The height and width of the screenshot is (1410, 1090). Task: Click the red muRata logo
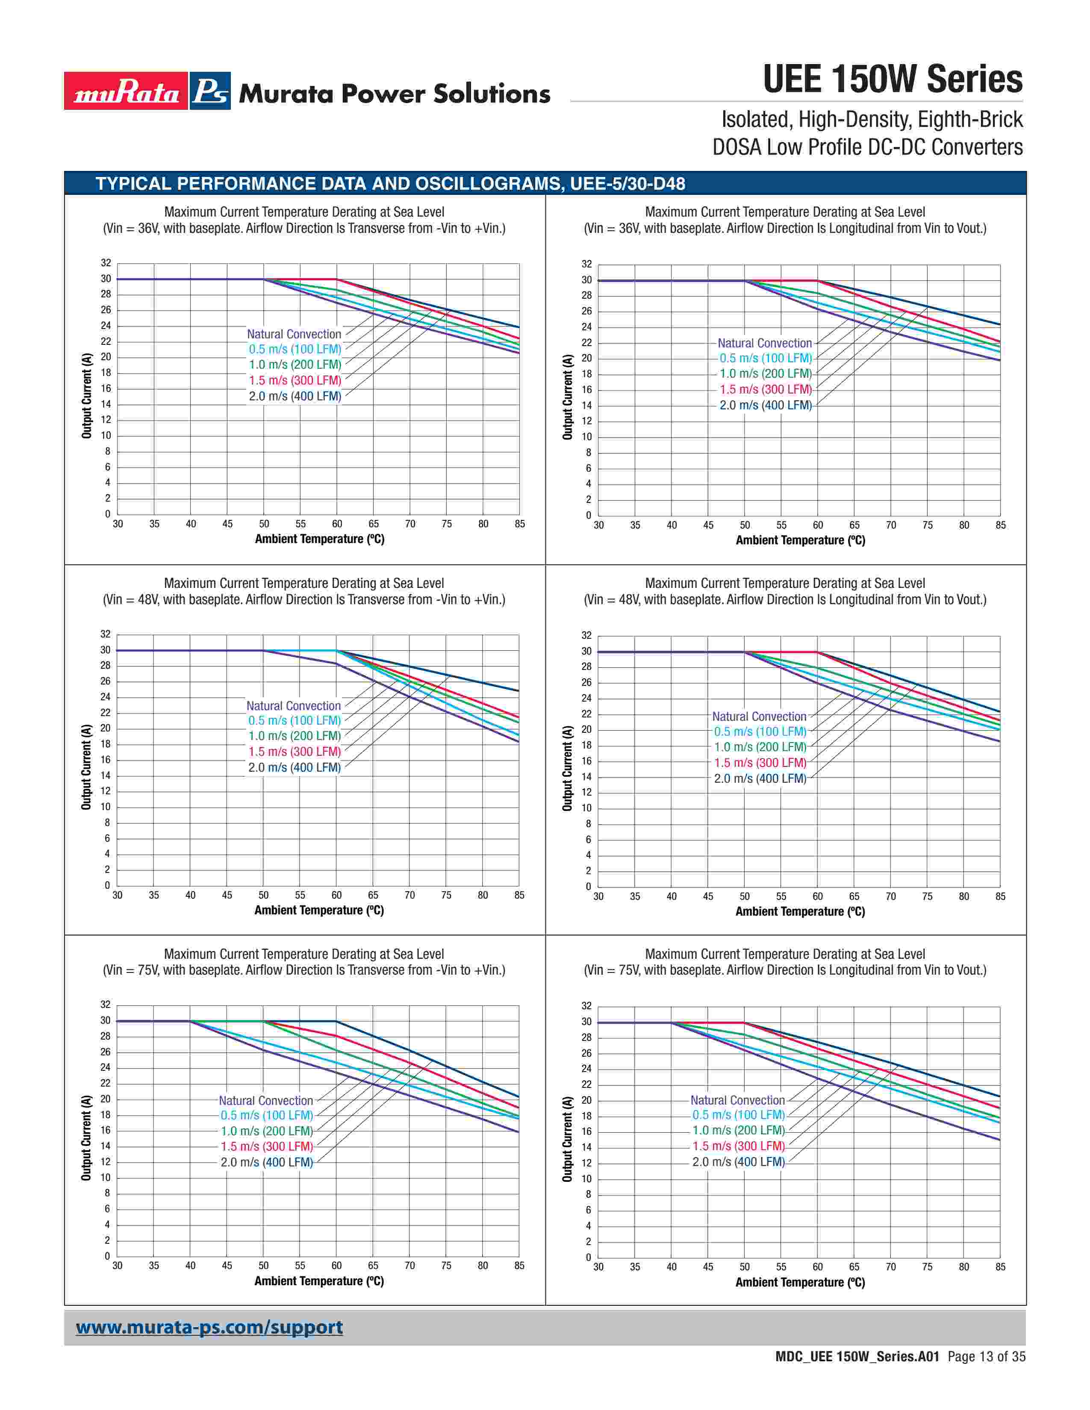pos(126,91)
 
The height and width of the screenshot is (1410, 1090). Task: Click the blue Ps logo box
pos(210,91)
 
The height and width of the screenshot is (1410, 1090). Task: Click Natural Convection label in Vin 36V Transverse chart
pos(294,334)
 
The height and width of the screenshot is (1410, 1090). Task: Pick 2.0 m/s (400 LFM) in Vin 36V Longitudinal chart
pos(765,405)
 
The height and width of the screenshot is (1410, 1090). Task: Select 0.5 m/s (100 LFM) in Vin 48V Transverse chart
pos(294,720)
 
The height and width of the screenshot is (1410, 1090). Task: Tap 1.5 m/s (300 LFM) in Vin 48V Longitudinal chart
pos(760,762)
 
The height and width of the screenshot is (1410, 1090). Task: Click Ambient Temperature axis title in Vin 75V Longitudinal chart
pos(800,1282)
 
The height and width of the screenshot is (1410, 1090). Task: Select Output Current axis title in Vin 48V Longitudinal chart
pos(568,768)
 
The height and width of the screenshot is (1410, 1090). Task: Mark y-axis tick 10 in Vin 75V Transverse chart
pos(105,1178)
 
